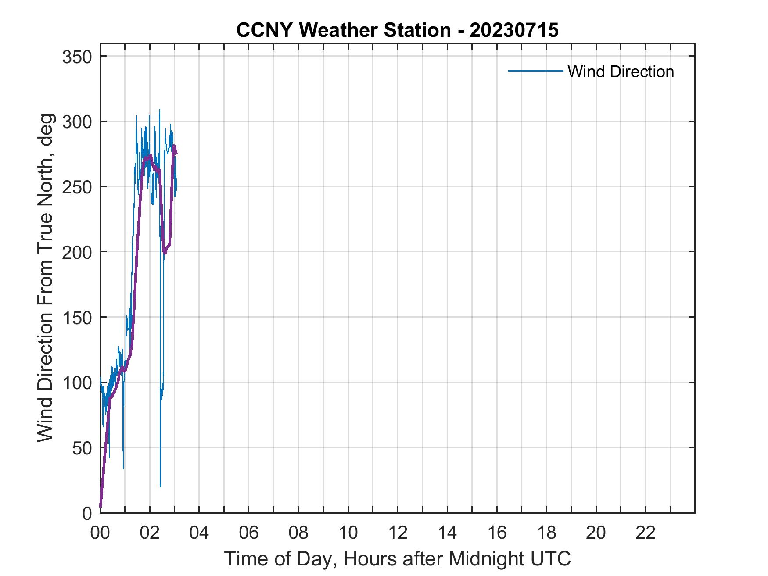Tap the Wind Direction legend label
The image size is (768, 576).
tap(621, 72)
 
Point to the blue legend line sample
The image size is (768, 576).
tap(535, 71)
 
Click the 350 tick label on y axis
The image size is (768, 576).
tap(77, 57)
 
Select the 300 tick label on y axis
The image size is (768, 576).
tap(77, 122)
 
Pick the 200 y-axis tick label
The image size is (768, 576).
tap(77, 252)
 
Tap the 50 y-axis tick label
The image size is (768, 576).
tap(82, 448)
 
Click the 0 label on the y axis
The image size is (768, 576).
tap(87, 513)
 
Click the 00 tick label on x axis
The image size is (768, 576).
tap(100, 533)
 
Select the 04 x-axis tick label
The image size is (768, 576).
tap(199, 533)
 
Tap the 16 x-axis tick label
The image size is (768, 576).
tap(497, 533)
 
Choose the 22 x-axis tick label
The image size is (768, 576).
tap(646, 533)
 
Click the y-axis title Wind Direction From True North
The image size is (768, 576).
tap(45, 278)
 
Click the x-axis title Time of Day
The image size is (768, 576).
tap(397, 558)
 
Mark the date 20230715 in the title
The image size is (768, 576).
tap(514, 30)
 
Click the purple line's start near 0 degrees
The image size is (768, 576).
tap(100, 506)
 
